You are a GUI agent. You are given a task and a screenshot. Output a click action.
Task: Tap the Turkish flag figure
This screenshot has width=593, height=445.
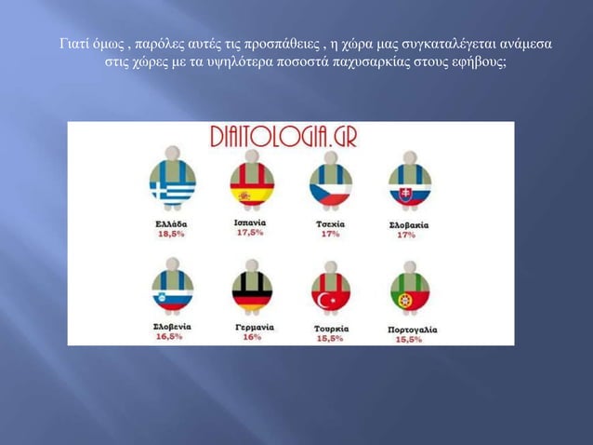330,290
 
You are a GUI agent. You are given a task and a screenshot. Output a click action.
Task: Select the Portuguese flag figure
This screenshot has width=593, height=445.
408,290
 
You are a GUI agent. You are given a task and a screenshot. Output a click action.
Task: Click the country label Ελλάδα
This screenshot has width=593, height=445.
171,225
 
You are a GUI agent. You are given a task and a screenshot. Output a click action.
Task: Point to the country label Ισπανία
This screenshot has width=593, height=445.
249,223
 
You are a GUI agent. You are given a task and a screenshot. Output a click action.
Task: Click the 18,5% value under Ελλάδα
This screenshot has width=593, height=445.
169,236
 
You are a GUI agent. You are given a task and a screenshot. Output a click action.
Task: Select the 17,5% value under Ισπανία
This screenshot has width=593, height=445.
249,233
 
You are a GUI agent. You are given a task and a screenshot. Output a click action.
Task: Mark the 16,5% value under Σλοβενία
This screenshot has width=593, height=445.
169,337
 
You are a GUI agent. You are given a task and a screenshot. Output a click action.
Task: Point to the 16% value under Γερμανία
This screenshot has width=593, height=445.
252,337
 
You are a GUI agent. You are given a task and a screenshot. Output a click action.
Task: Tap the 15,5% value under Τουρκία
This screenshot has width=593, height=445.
330,339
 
